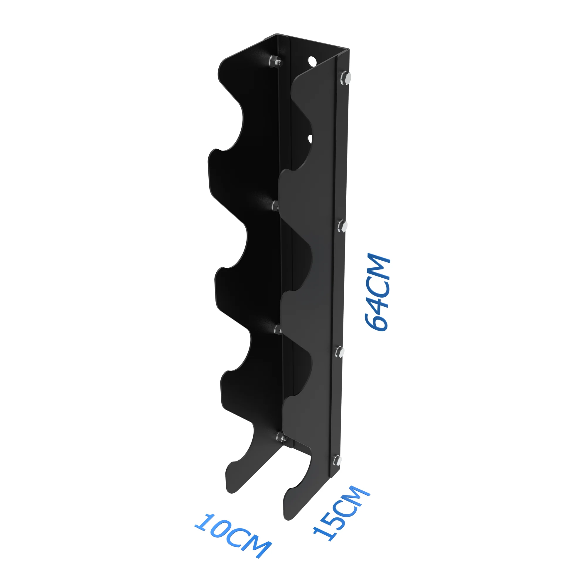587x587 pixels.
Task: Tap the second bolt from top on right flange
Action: pyautogui.click(x=343, y=226)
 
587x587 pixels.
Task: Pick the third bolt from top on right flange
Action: pyautogui.click(x=340, y=352)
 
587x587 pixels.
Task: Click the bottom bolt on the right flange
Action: pyautogui.click(x=337, y=461)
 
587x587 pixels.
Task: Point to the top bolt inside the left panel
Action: pyautogui.click(x=275, y=61)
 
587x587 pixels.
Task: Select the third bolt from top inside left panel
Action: pyautogui.click(x=278, y=329)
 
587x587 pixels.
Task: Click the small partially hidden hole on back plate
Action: pyautogui.click(x=310, y=139)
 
